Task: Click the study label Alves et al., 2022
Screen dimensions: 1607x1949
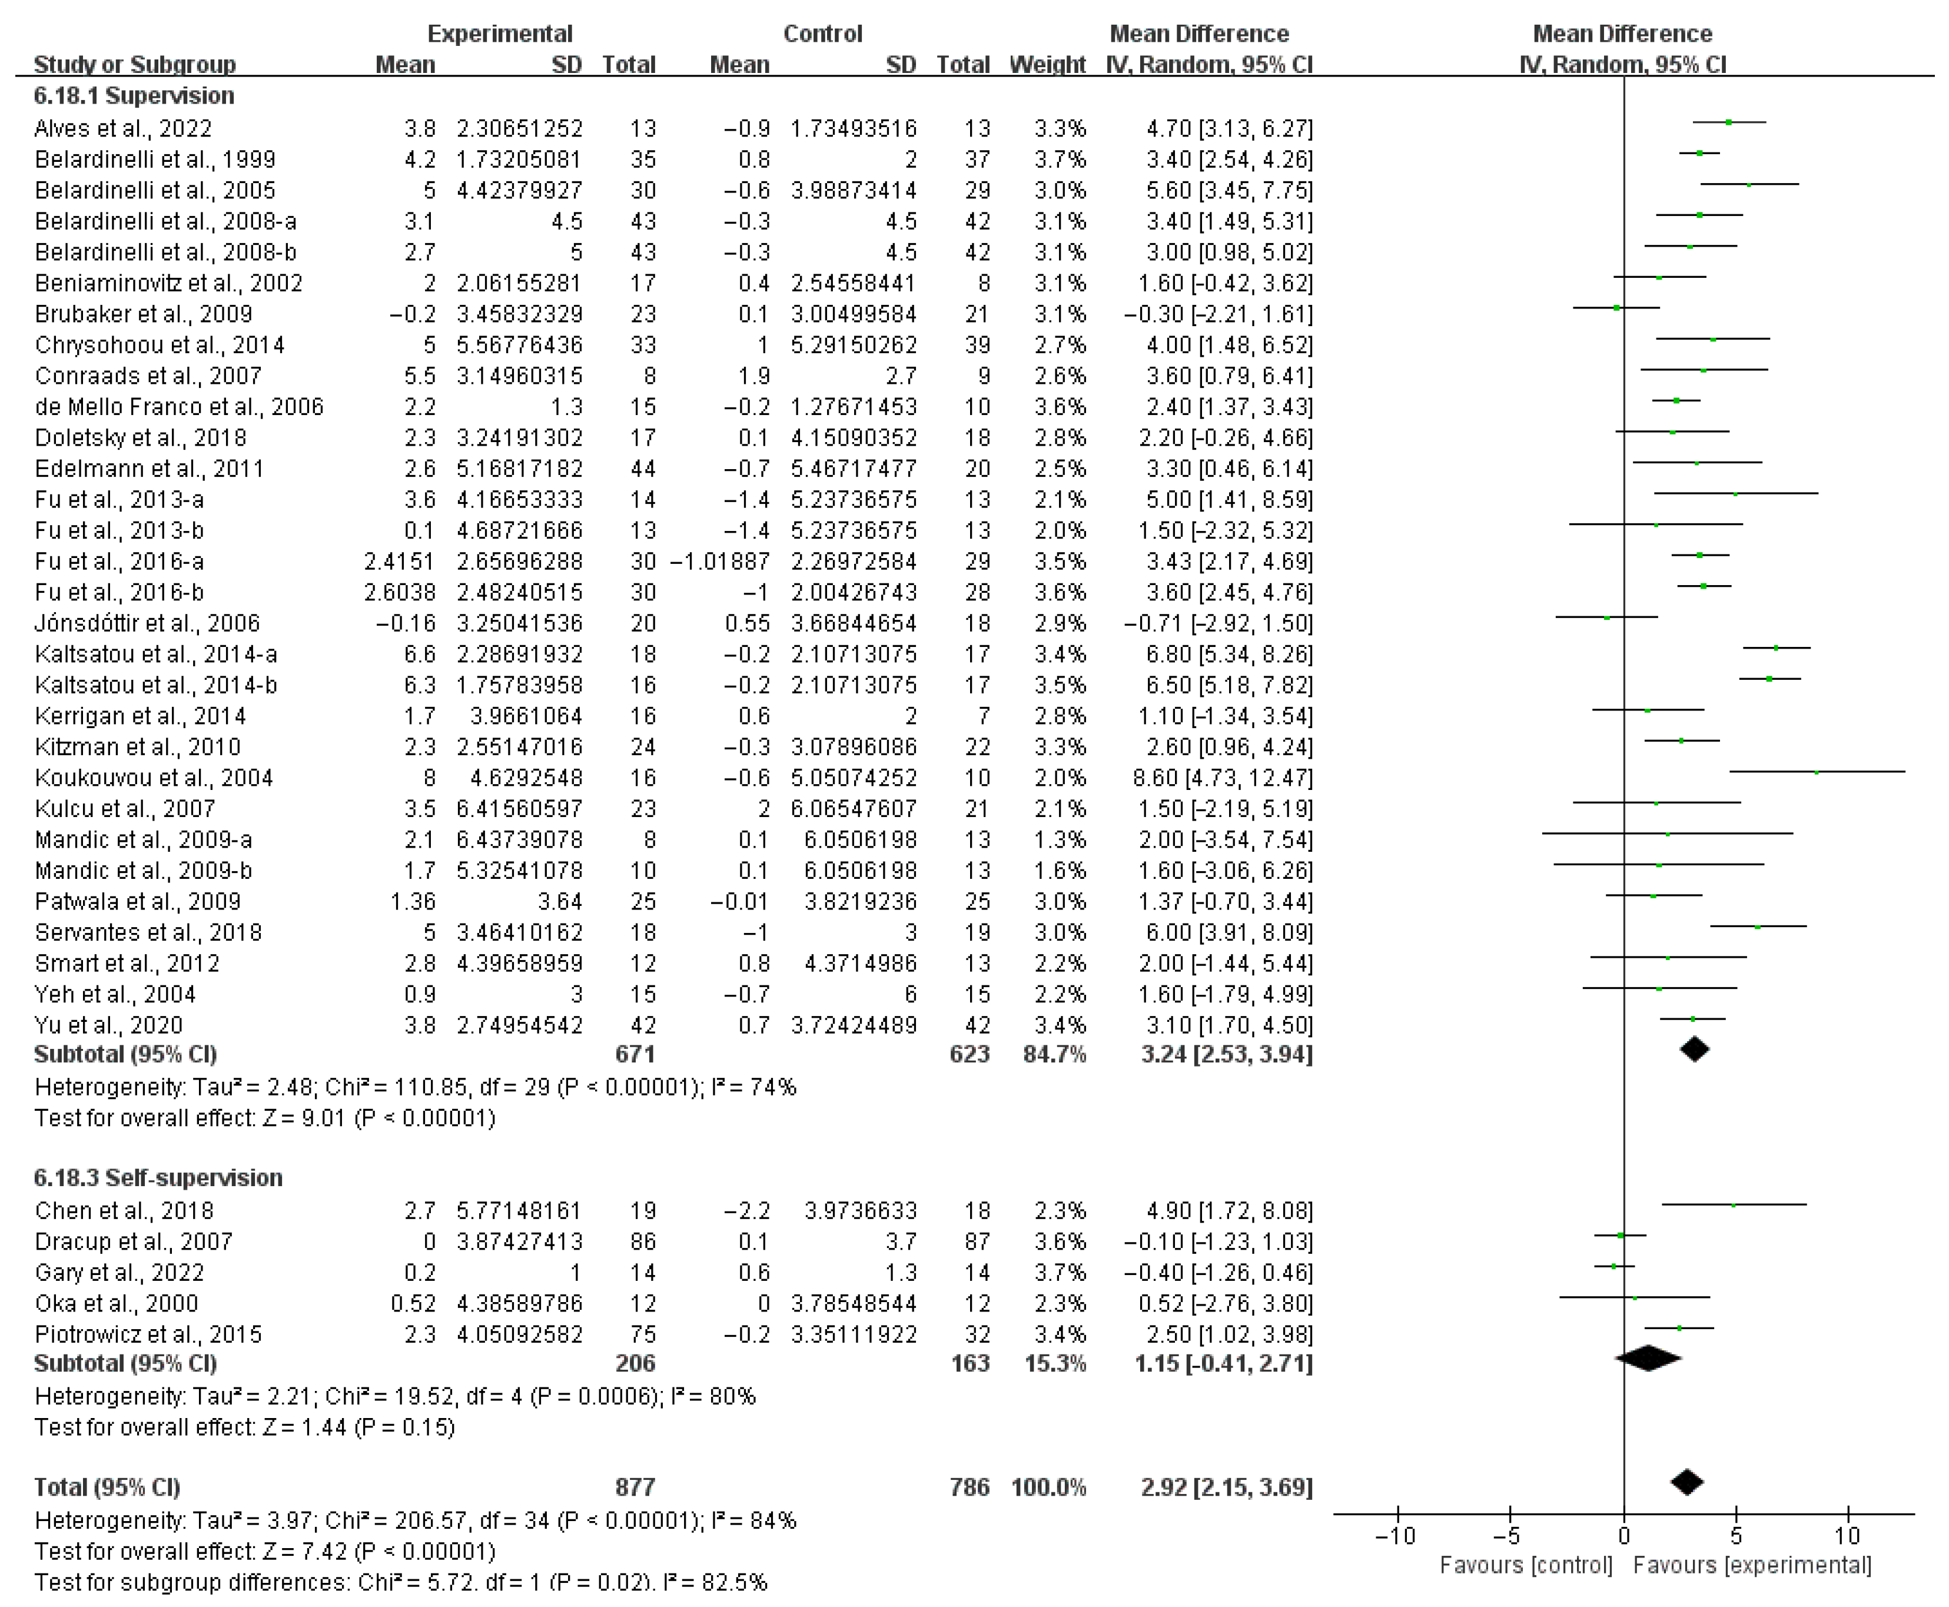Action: (123, 129)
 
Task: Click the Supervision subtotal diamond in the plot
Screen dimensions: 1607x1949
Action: (1695, 1049)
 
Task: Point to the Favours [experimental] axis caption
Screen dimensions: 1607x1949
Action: (1752, 1565)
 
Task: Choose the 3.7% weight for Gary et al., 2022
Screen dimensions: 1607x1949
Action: (1061, 1272)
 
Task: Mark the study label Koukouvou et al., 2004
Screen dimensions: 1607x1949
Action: (154, 778)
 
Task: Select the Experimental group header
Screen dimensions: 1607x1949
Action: (500, 34)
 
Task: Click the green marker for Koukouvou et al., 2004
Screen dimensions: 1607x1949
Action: (1817, 772)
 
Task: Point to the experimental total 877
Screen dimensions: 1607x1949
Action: (635, 1487)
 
